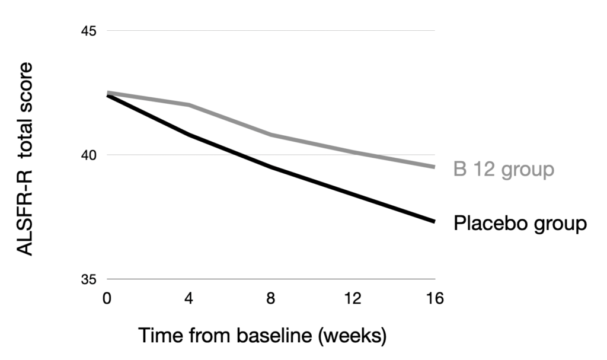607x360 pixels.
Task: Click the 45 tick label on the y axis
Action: click(x=89, y=31)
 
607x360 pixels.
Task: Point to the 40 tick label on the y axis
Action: click(x=89, y=155)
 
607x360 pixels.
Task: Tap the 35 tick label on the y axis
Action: click(x=89, y=279)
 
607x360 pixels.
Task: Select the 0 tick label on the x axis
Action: click(x=107, y=299)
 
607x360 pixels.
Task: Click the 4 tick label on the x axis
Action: click(x=189, y=299)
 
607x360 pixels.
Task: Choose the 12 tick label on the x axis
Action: click(x=353, y=299)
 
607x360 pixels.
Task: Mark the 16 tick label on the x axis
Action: click(x=435, y=299)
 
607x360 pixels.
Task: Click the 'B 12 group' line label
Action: click(x=504, y=170)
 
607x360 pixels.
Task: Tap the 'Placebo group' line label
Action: click(x=520, y=224)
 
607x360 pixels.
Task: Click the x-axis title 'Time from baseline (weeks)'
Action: click(x=262, y=336)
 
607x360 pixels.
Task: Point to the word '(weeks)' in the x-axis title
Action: click(x=353, y=336)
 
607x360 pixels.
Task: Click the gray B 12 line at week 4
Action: click(x=189, y=105)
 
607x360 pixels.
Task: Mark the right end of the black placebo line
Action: click(x=435, y=221)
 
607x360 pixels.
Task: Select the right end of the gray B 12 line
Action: click(x=435, y=167)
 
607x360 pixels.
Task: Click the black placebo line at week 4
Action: click(x=189, y=135)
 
